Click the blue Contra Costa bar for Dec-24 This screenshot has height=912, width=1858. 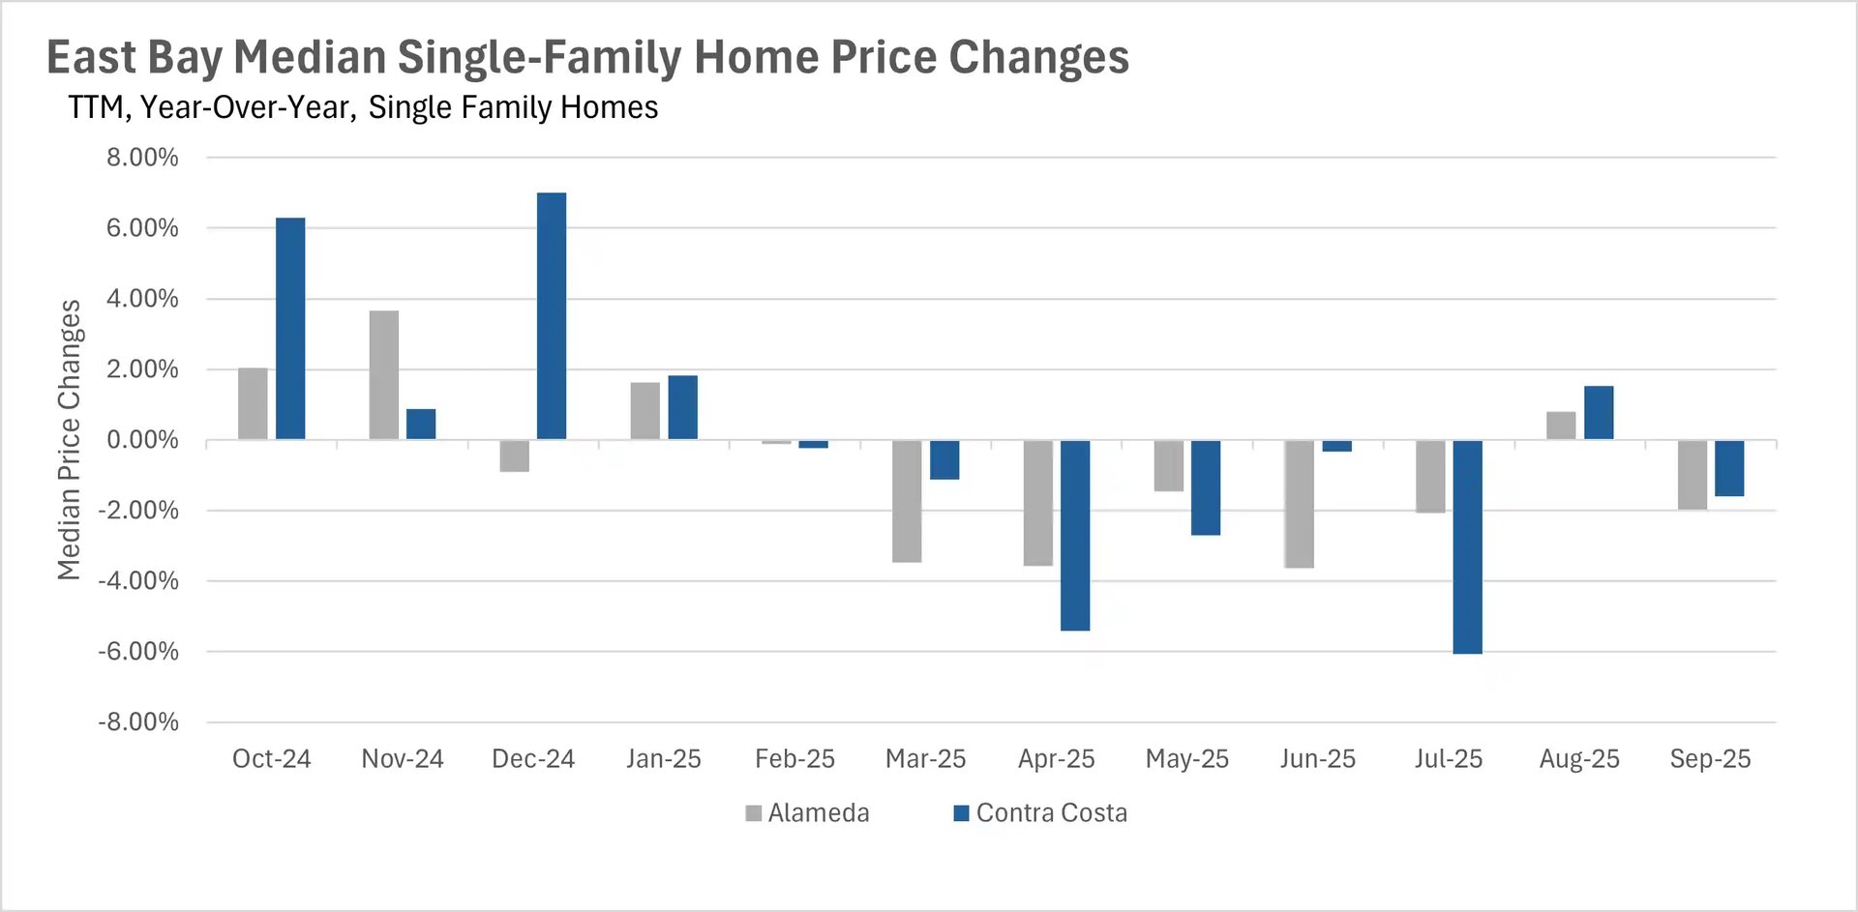pos(552,316)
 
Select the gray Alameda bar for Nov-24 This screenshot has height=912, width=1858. pos(384,375)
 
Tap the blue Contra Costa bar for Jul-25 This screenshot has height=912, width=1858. pos(1467,546)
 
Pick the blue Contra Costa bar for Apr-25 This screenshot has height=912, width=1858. pos(1075,535)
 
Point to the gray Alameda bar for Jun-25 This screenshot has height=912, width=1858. pos(1299,504)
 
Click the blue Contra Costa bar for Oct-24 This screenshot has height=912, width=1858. pos(290,329)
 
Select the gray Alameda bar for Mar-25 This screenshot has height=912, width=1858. pos(907,501)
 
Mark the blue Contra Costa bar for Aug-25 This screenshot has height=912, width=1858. pos(1599,413)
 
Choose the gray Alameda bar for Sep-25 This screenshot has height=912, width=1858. pos(1692,475)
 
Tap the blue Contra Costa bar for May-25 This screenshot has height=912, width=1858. pos(1206,487)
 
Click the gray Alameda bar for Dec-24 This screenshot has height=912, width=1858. pos(515,456)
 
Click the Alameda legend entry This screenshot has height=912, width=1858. pos(807,813)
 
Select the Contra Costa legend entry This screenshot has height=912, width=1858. pos(1040,813)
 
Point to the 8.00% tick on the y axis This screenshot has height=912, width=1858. pos(142,158)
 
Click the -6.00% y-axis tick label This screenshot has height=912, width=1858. pos(138,652)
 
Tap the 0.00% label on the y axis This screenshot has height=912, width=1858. pos(142,440)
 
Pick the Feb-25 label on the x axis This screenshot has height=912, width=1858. pos(794,759)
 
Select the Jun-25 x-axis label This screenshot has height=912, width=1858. pos(1317,759)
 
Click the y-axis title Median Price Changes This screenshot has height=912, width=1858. pos(69,440)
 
